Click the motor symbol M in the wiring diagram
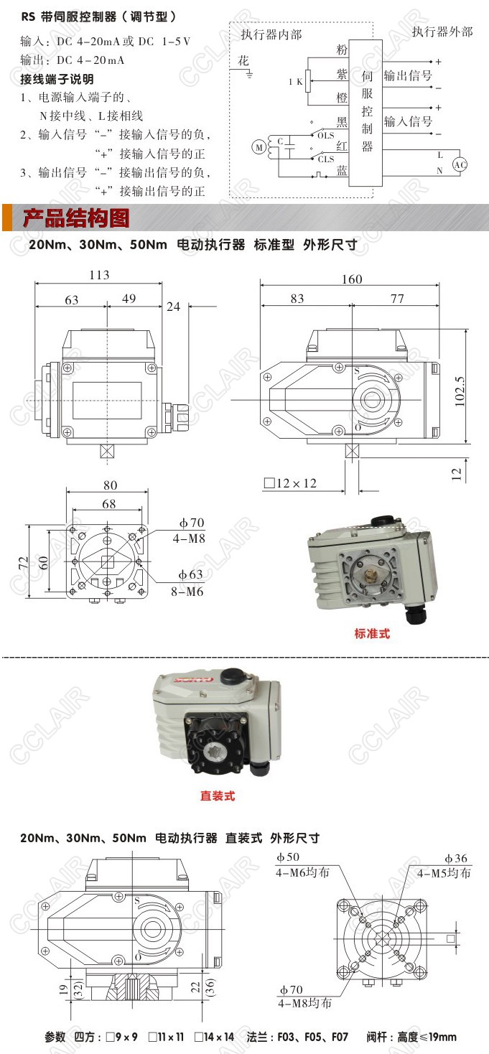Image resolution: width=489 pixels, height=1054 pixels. [x=259, y=147]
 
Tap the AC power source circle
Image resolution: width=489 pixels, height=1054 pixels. [x=460, y=164]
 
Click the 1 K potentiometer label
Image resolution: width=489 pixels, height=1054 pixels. [x=296, y=81]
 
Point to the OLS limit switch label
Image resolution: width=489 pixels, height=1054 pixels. [x=326, y=136]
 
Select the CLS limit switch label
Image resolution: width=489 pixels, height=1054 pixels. [x=326, y=159]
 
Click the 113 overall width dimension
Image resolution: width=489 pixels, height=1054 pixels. [x=99, y=275]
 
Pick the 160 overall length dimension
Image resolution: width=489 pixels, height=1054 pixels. [x=352, y=279]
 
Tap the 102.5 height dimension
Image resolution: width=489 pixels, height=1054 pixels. [x=460, y=391]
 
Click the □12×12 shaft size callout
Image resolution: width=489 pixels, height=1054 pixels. [x=290, y=483]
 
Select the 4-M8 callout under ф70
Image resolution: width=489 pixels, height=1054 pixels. [x=189, y=538]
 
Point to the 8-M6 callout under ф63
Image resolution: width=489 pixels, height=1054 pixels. [x=187, y=592]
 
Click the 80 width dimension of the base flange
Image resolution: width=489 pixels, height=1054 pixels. [x=110, y=485]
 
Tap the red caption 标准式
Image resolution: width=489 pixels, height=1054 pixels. [x=372, y=633]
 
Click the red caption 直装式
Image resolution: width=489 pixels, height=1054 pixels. [x=218, y=796]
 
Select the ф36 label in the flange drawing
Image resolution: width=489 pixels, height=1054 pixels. [x=456, y=858]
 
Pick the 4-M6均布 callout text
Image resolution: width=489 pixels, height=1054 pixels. [x=302, y=872]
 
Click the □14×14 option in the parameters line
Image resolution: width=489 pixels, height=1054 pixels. [x=215, y=1037]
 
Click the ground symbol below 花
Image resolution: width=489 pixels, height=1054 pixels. [x=249, y=75]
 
